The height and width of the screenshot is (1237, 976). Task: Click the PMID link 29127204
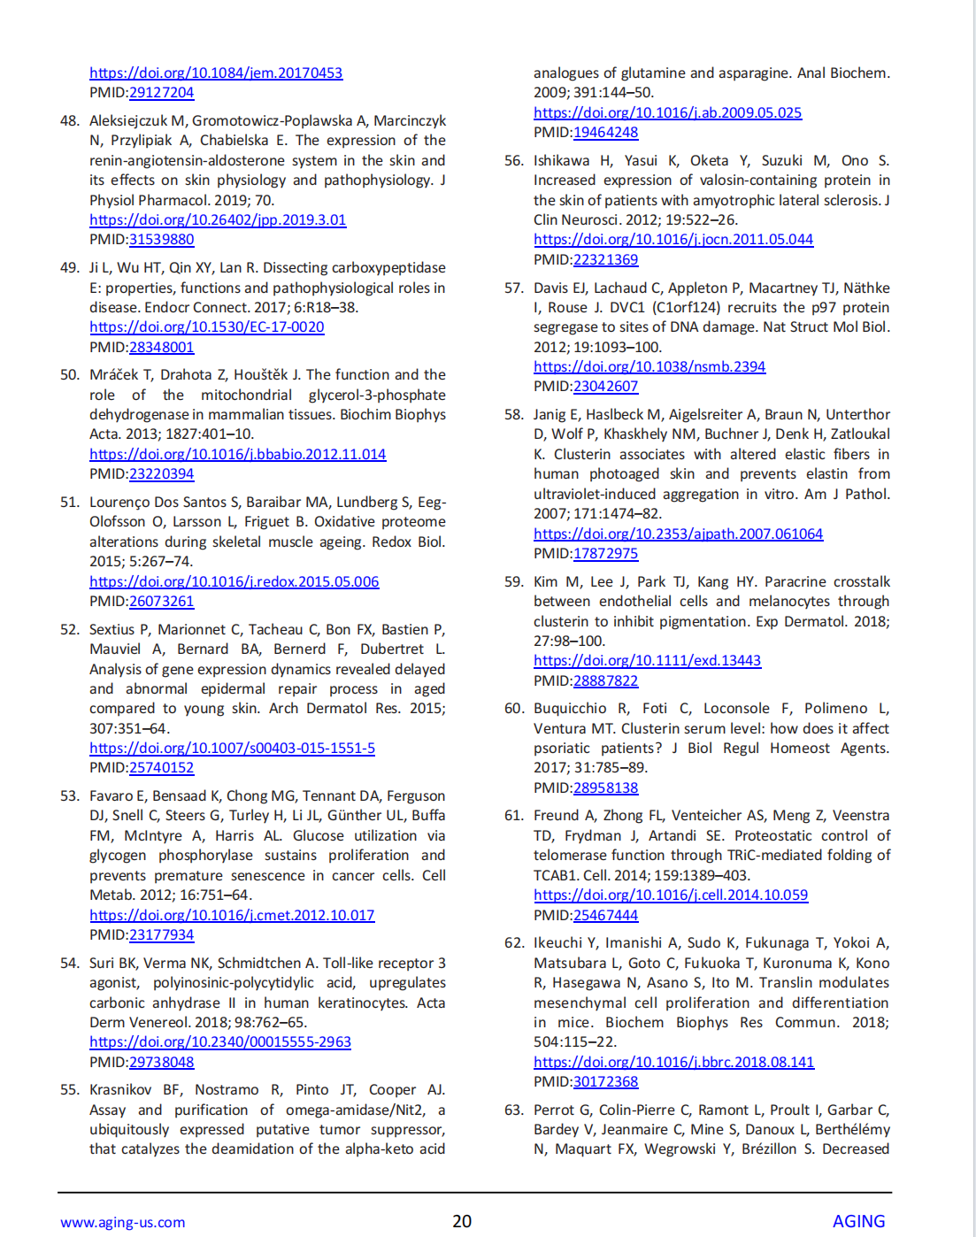161,92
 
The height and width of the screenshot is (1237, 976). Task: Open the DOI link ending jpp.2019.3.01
218,219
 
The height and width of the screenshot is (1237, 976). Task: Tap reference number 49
70,267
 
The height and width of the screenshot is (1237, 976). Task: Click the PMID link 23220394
161,473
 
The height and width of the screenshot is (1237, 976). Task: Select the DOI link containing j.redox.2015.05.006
234,581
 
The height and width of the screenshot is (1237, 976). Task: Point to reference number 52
70,629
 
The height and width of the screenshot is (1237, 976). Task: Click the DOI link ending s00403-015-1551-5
232,748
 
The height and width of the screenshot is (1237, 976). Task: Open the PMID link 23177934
161,934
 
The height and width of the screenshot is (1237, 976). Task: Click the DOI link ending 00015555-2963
220,1041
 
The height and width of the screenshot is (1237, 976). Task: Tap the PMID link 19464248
605,132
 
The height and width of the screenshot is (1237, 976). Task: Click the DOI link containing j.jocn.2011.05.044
673,239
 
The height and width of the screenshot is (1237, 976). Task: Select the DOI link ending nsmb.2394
649,366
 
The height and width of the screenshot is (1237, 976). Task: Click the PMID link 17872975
605,553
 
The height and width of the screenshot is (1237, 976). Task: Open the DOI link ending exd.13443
647,660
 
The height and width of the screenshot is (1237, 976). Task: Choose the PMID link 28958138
605,788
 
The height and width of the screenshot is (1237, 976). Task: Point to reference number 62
514,942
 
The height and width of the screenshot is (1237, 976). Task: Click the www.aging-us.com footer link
123,1222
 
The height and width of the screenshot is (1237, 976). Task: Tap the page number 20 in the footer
462,1221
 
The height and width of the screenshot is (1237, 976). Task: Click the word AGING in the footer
858,1221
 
